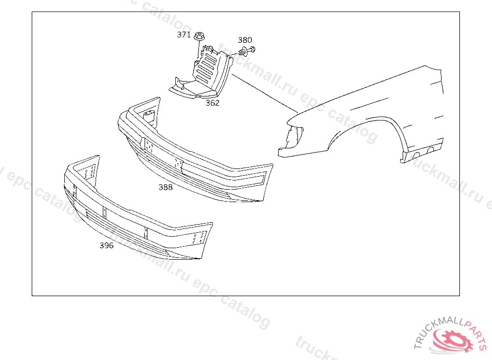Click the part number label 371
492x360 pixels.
point(184,35)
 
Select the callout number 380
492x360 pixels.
point(245,40)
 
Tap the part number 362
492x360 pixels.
point(212,103)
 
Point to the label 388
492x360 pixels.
point(165,187)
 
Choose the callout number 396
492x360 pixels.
point(106,246)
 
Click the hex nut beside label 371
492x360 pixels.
point(199,36)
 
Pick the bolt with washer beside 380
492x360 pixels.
point(247,50)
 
